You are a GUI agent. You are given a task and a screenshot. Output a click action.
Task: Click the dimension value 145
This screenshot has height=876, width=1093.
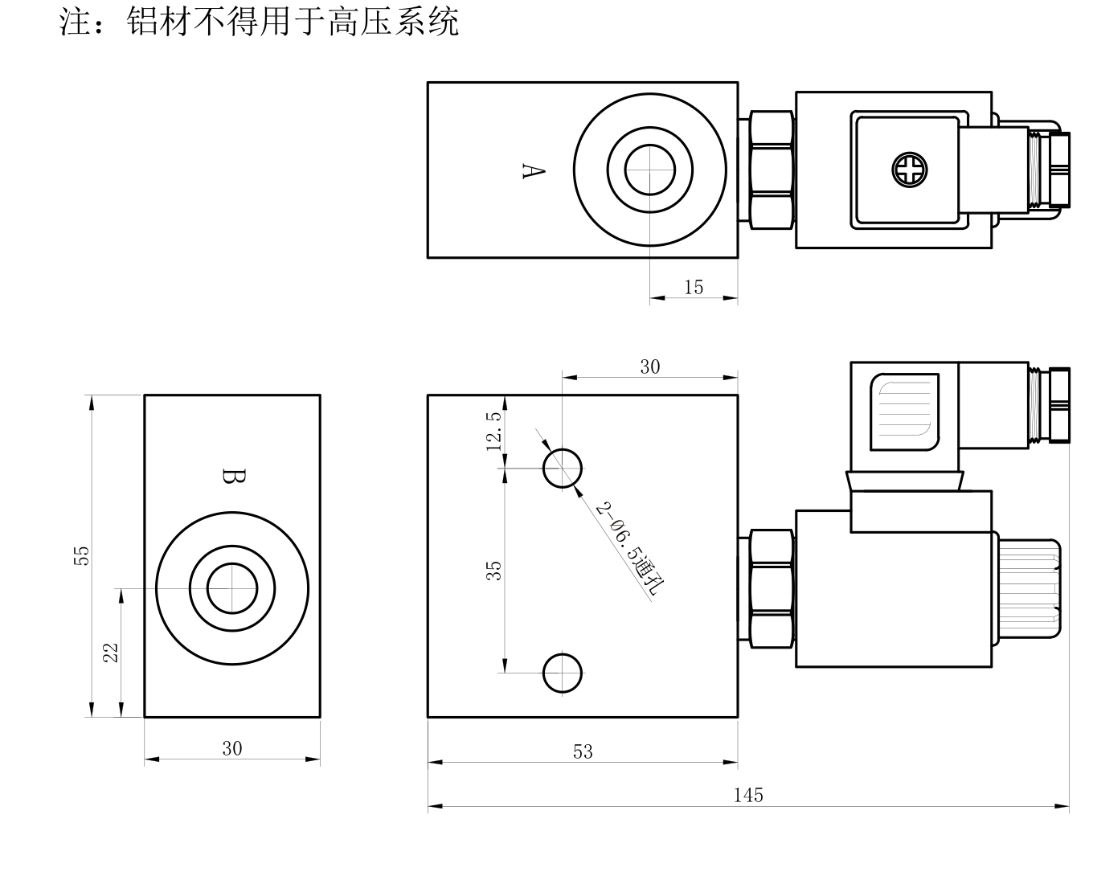tap(747, 795)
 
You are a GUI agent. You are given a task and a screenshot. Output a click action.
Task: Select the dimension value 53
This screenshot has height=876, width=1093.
tap(583, 751)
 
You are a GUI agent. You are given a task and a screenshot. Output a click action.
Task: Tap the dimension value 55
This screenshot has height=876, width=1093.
tap(81, 555)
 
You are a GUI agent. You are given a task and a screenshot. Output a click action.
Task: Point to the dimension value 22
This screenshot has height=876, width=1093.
tap(110, 653)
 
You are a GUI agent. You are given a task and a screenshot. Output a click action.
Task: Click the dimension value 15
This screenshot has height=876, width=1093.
tap(694, 287)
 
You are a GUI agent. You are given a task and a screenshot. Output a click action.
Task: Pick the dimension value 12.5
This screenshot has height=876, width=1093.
tap(493, 431)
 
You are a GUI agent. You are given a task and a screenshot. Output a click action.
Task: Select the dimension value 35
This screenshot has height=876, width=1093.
tap(493, 571)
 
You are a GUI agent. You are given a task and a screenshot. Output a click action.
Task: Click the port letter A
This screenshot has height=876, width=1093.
tap(534, 170)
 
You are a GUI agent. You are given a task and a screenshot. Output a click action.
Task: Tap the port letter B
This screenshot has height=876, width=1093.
tap(234, 476)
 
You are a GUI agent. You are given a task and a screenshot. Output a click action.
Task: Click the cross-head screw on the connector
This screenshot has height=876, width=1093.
tap(909, 170)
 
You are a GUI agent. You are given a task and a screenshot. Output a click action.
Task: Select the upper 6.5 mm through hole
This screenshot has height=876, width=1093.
tap(563, 468)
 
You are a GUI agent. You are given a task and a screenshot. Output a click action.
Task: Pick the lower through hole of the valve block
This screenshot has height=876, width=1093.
tap(563, 673)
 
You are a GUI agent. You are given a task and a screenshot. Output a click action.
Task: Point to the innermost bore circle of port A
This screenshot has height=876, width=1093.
tap(649, 144)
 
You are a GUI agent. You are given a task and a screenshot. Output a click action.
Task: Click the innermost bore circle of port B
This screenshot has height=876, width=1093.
tap(232, 563)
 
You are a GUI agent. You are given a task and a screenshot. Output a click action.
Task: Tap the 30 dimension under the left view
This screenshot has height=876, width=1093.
tap(232, 748)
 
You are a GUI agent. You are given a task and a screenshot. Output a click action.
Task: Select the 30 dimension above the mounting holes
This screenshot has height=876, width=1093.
tap(649, 366)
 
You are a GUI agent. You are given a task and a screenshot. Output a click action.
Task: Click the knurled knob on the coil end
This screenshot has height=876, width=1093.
tap(1029, 588)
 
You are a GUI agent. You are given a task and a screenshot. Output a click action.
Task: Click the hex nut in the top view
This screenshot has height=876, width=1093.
tap(771, 170)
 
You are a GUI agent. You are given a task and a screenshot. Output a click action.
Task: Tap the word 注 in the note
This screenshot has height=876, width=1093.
tap(75, 22)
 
